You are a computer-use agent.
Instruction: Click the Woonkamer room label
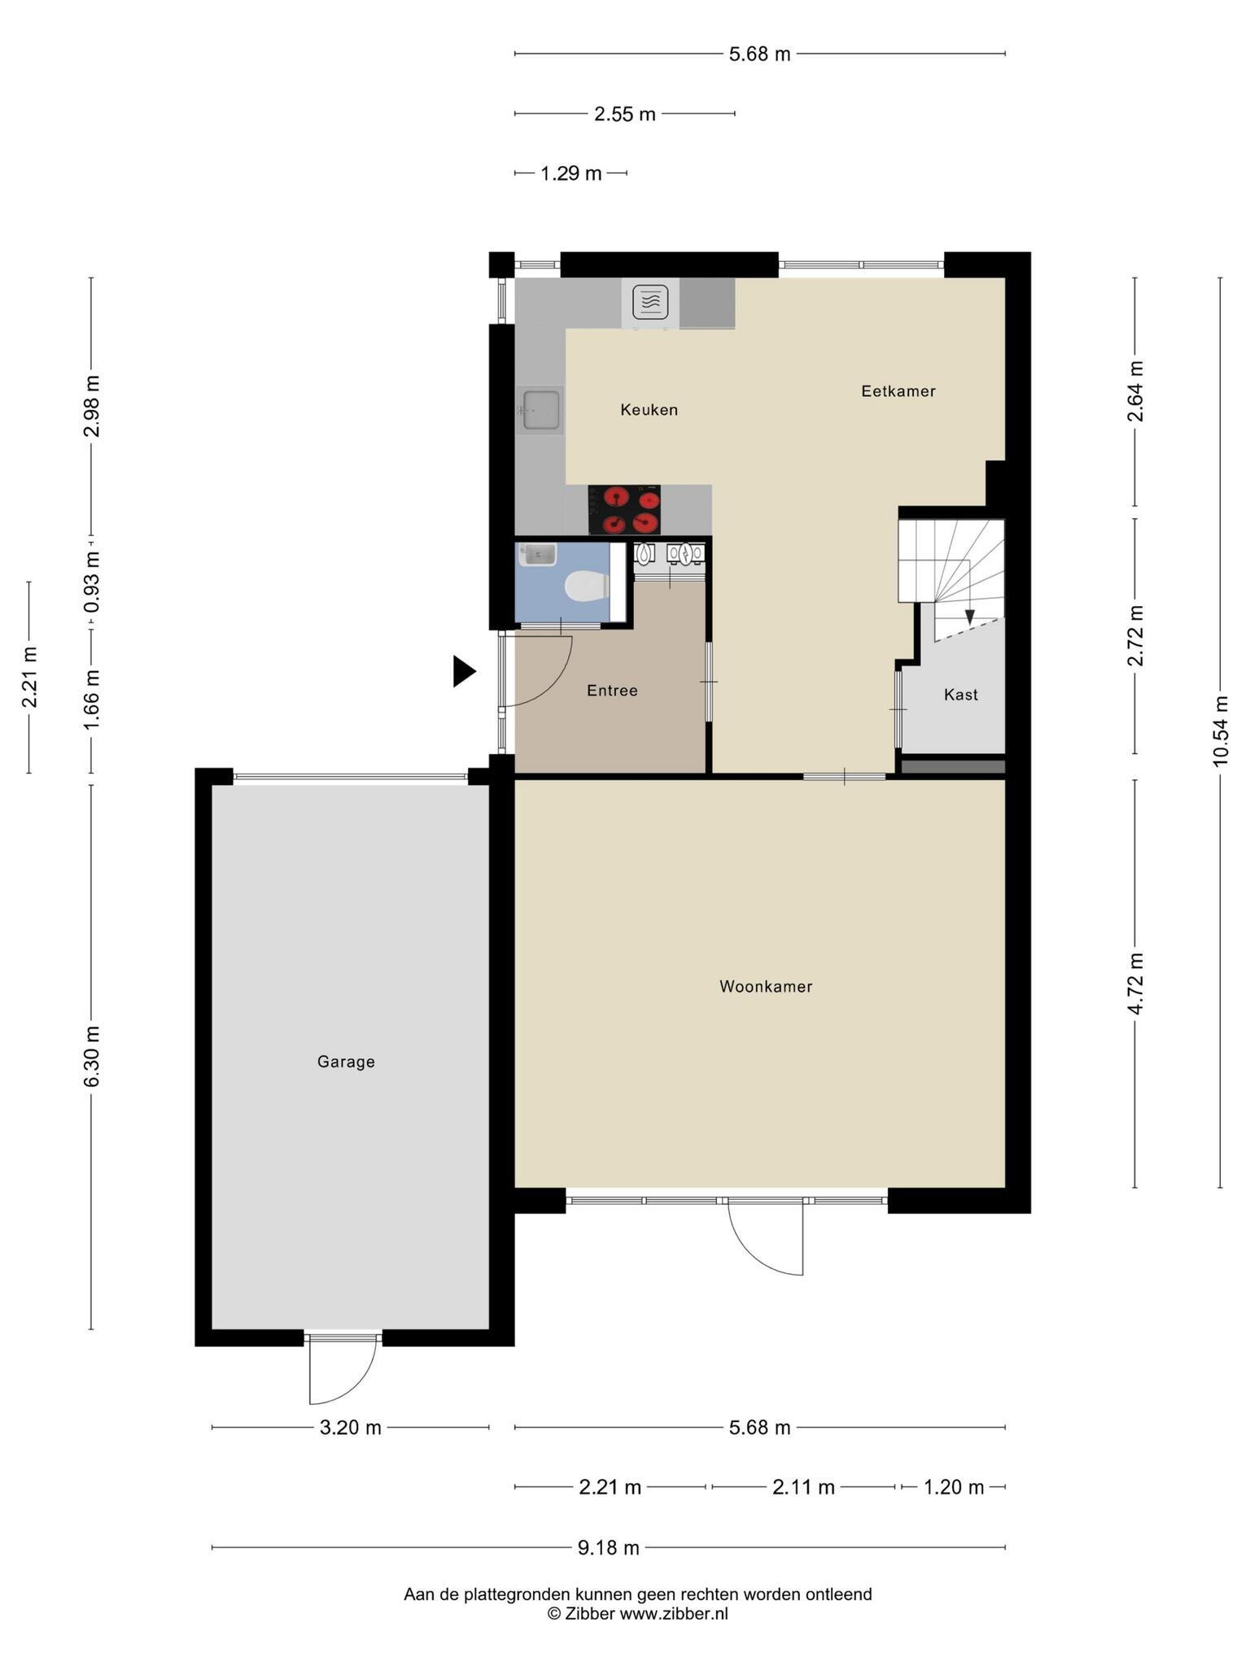tap(766, 987)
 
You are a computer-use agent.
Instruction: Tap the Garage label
tap(346, 1062)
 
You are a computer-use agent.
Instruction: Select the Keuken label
tap(649, 410)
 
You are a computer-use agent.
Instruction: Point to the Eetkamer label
tap(898, 391)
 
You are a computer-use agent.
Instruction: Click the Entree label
tap(612, 691)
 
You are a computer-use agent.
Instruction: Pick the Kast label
tap(961, 695)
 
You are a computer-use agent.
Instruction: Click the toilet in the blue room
tap(586, 586)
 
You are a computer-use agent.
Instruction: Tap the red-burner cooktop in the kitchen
tap(624, 510)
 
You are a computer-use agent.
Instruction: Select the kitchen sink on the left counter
tap(540, 410)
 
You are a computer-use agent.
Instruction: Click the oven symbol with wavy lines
tap(650, 303)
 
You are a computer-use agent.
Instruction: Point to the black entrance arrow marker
tap(464, 671)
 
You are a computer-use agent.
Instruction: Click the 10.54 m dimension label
tap(1220, 731)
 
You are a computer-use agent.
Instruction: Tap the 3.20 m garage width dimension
tap(350, 1428)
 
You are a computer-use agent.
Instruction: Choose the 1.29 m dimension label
tap(571, 173)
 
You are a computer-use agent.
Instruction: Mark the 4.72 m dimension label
tap(1135, 983)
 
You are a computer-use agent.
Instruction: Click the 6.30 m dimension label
tap(91, 1057)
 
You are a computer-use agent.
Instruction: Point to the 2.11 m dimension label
tap(803, 1488)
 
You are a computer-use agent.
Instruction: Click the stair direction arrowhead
tap(969, 617)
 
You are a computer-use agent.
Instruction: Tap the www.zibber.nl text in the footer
tap(674, 1614)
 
